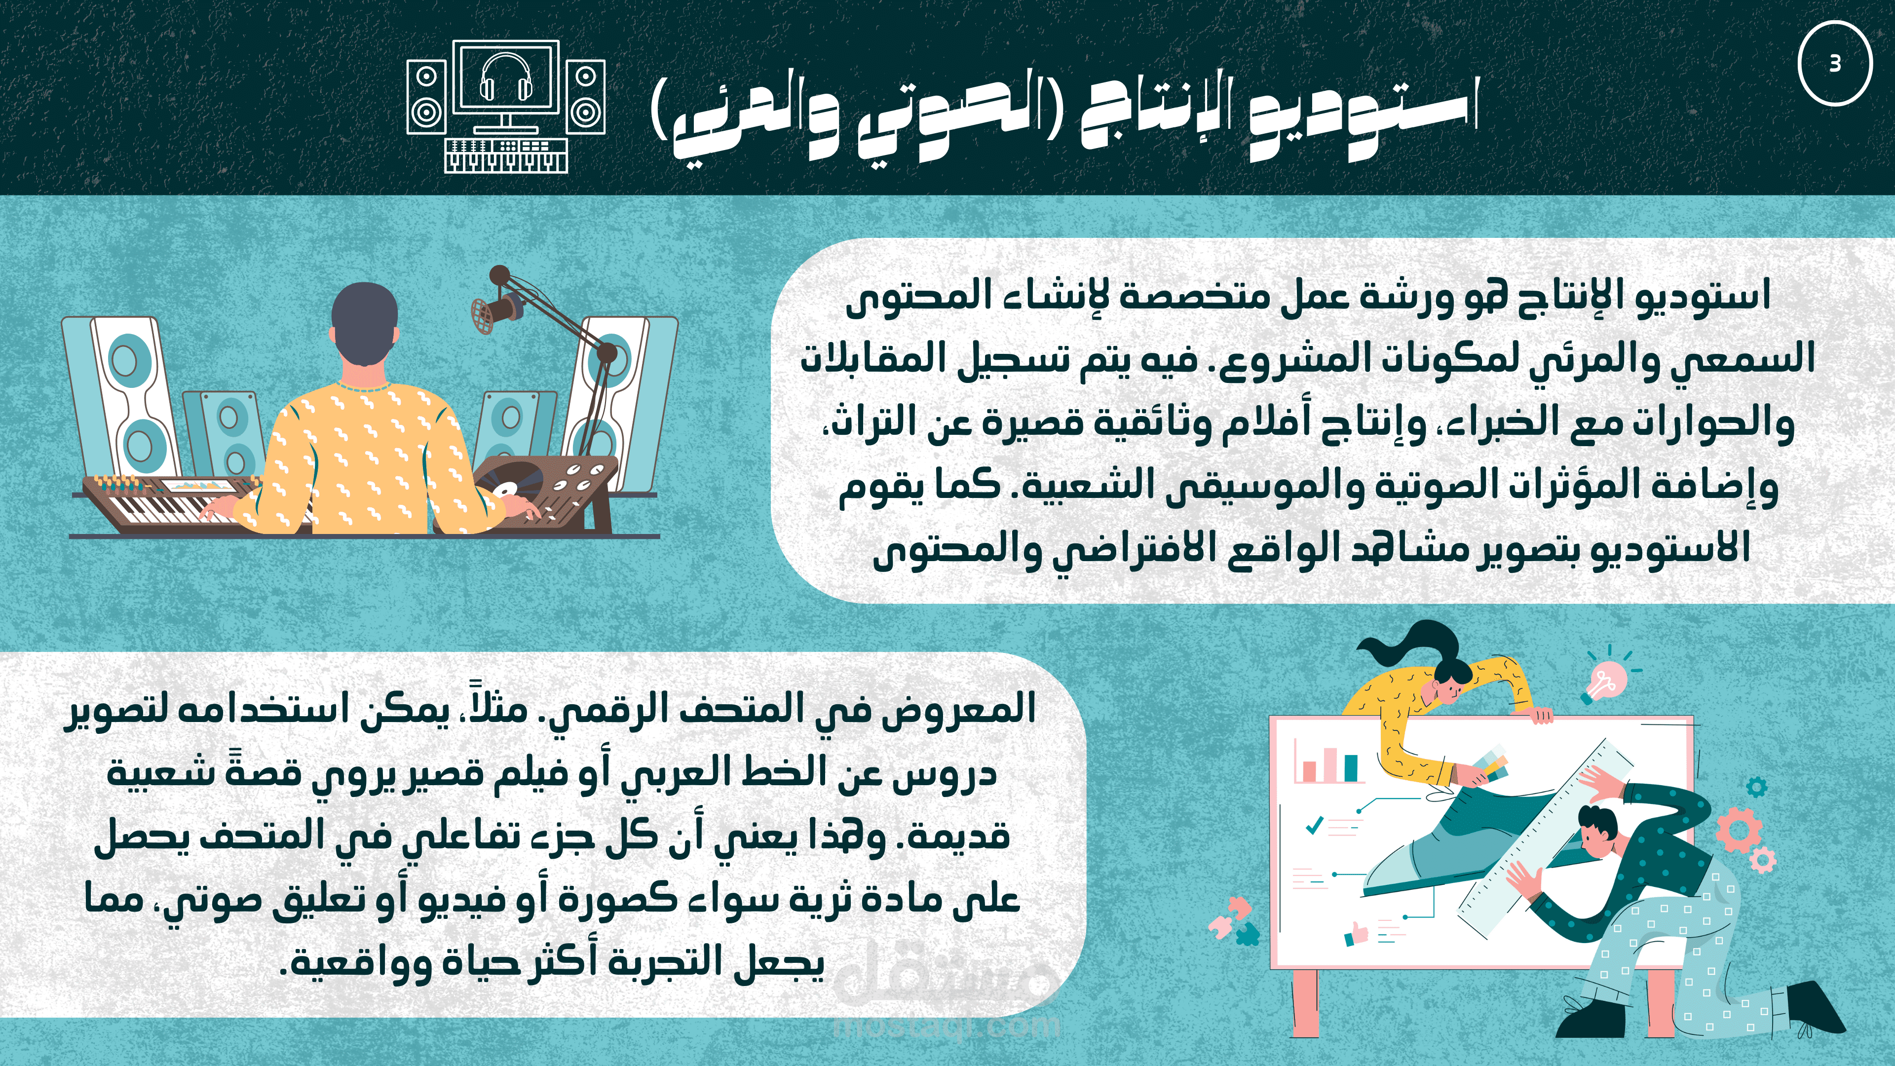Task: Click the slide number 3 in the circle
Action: pyautogui.click(x=1835, y=63)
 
